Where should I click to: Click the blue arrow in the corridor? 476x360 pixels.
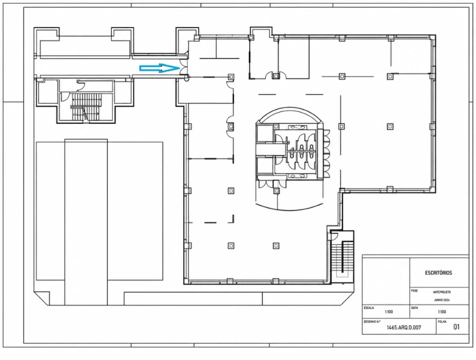tap(160, 68)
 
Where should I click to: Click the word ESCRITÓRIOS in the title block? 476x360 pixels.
tap(439, 272)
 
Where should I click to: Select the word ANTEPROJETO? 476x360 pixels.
tap(442, 292)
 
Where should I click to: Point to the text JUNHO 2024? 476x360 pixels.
tap(442, 300)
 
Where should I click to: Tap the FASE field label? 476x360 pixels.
tap(415, 290)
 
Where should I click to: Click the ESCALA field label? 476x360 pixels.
tap(369, 307)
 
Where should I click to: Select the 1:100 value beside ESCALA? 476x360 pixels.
tap(389, 311)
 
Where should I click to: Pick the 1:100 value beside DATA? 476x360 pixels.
tap(442, 311)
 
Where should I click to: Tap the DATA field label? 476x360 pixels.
tap(415, 307)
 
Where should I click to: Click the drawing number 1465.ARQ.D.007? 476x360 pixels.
tap(404, 327)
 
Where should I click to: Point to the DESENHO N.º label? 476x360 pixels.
tap(372, 321)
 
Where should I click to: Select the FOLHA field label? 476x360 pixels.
tap(443, 321)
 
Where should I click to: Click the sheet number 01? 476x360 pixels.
tap(456, 327)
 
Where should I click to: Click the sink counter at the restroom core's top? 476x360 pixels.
tap(296, 127)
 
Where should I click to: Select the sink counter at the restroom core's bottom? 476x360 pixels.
tap(296, 176)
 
